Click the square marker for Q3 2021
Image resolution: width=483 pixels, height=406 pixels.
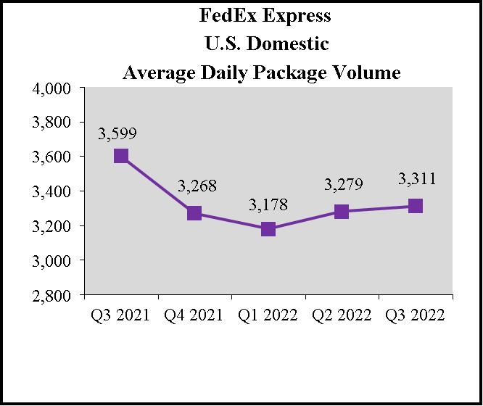coord(121,156)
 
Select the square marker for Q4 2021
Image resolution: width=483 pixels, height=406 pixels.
coord(194,213)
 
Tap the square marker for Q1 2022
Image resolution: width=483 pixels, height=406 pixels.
coord(268,229)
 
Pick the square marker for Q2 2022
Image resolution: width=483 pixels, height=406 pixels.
coord(342,212)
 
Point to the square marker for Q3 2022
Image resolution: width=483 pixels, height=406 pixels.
coord(416,206)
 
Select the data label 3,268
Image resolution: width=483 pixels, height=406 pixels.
coord(198,187)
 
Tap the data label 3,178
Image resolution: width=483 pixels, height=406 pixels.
coord(268,205)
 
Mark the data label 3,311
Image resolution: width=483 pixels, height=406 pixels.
coord(417,178)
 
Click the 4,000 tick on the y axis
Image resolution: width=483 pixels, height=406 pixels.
coord(51,88)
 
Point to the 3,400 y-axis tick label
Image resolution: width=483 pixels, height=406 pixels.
coord(51,191)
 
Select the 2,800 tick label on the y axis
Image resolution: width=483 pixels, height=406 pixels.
coord(51,295)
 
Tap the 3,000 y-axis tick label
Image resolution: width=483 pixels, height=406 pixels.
coord(51,260)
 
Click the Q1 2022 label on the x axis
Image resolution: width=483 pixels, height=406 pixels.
coord(268,315)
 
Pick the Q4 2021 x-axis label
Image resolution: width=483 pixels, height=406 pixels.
coord(194,315)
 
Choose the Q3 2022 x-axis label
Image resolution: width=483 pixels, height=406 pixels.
coord(415,315)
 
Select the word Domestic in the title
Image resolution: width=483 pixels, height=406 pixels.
coord(292,43)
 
